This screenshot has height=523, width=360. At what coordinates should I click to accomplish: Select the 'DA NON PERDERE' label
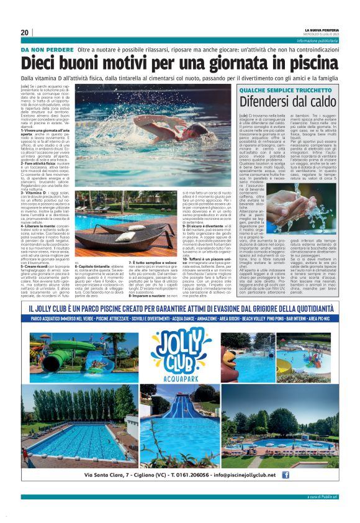47,48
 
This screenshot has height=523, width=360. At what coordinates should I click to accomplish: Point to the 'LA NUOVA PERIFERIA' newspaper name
322,30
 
